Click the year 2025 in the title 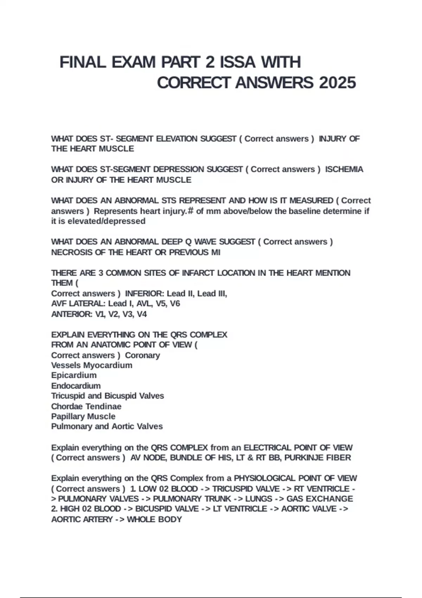coord(337,83)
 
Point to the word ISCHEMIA coord(344,169)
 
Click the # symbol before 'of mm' coord(191,211)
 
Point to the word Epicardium coord(74,375)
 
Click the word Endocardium coord(76,386)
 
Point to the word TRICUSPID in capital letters coord(230,489)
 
